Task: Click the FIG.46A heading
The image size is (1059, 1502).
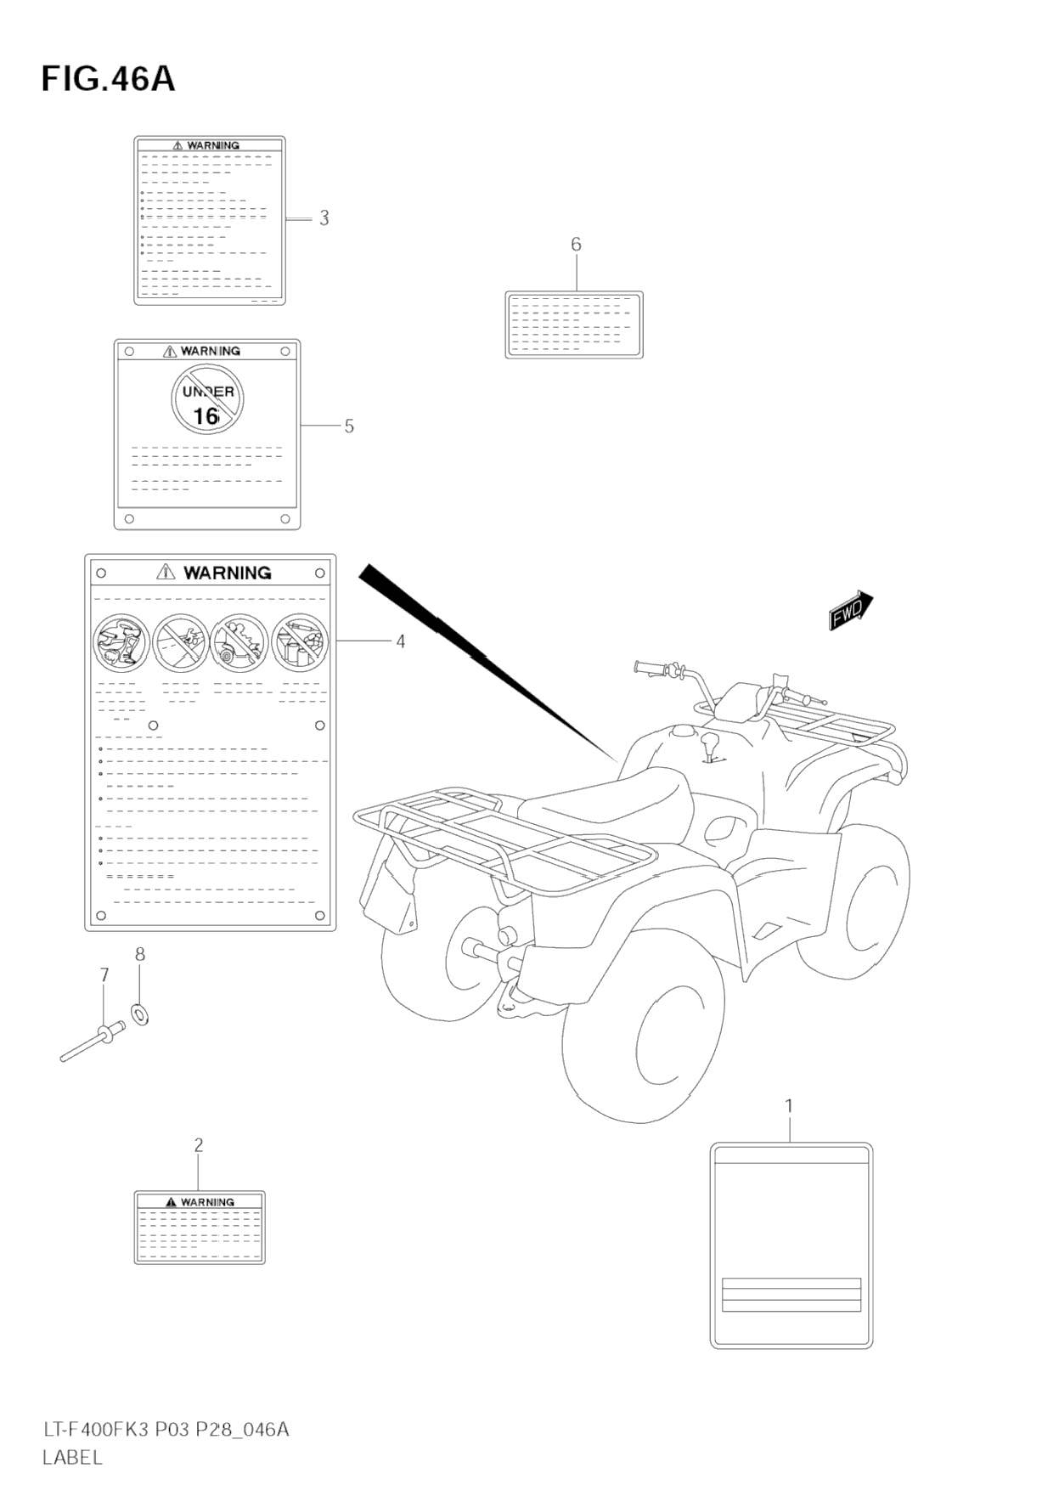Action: click(108, 79)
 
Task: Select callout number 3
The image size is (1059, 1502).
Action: click(324, 218)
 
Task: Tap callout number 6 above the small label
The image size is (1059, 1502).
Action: click(576, 245)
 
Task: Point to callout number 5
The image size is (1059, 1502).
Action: click(349, 426)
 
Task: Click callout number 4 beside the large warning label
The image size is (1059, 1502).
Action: click(400, 641)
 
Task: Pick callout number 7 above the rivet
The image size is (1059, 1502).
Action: click(104, 975)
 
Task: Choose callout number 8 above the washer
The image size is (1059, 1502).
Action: click(140, 954)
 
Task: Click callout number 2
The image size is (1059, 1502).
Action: click(199, 1145)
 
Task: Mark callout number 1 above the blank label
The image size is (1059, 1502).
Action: click(789, 1106)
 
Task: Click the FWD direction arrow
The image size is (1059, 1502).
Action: click(850, 611)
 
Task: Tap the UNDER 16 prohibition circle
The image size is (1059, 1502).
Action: click(207, 398)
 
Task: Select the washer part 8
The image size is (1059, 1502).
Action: click(140, 1014)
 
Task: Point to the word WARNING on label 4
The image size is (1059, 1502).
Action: click(227, 573)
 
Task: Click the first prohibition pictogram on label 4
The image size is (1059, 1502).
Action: click(122, 642)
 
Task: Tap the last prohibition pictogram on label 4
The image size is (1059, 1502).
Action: click(300, 642)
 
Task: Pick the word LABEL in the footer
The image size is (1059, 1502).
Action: click(73, 1457)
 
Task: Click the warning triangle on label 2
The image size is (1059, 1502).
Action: click(171, 1202)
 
